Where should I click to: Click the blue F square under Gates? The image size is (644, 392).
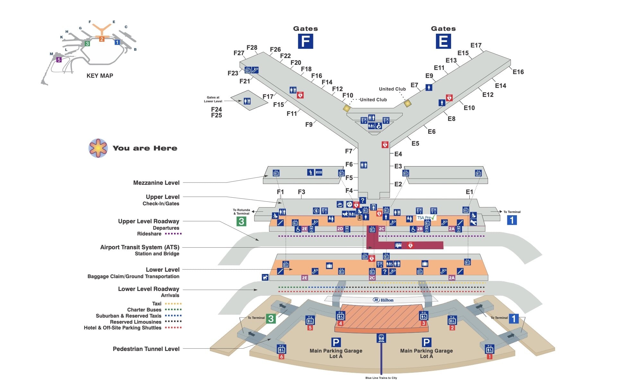click(305, 41)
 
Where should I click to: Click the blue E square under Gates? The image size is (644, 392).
click(443, 41)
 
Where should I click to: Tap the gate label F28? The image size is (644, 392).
click(252, 47)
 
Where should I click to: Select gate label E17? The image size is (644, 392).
click(476, 45)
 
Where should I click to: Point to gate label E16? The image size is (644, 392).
click(518, 72)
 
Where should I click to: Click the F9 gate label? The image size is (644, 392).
click(309, 124)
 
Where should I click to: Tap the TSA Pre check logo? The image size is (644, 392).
click(426, 217)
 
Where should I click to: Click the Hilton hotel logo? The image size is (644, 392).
click(383, 300)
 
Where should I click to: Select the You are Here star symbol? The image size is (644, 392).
click(98, 148)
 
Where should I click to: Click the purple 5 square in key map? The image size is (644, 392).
click(59, 60)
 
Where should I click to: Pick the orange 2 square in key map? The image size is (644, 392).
click(101, 39)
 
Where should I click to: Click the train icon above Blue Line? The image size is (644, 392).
click(381, 338)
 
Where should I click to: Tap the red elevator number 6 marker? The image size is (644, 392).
click(282, 356)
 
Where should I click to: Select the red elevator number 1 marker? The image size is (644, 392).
click(489, 356)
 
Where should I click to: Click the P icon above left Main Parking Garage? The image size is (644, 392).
click(336, 342)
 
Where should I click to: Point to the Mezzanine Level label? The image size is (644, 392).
click(156, 183)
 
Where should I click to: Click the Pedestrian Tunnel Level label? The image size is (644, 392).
click(146, 349)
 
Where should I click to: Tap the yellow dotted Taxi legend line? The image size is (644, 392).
click(173, 303)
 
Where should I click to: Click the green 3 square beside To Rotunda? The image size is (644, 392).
click(241, 221)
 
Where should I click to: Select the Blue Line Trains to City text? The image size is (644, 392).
click(381, 378)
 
